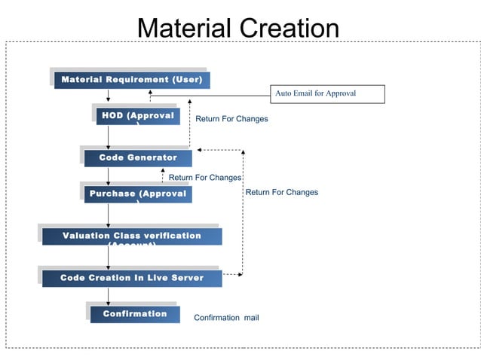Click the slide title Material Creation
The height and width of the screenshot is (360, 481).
click(x=237, y=28)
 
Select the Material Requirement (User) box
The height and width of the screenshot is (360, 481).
click(x=131, y=80)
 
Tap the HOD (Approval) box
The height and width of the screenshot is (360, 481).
click(x=138, y=116)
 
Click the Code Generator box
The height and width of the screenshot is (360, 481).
click(x=138, y=157)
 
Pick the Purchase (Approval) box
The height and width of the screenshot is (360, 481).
click(x=138, y=194)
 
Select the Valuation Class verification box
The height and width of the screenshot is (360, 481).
click(x=132, y=236)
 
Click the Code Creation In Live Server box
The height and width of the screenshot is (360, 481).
click(x=132, y=278)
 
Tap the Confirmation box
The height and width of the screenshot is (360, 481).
click(x=135, y=314)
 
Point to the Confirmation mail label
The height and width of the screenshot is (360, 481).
click(x=226, y=318)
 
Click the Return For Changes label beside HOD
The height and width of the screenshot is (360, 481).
click(x=231, y=119)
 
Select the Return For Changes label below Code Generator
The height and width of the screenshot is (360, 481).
click(x=204, y=178)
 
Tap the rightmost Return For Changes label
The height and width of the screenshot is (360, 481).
click(x=282, y=192)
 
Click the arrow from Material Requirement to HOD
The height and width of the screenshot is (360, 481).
click(x=109, y=96)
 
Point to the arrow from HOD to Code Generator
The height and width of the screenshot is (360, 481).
click(x=109, y=136)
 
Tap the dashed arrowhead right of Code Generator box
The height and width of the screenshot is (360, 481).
click(x=242, y=151)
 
